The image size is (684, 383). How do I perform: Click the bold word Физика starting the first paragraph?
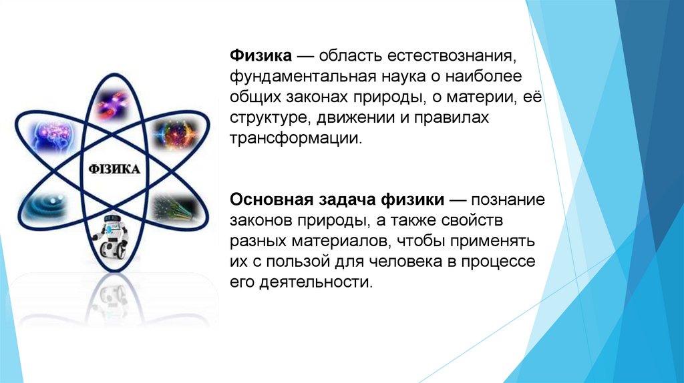pyautogui.click(x=256, y=53)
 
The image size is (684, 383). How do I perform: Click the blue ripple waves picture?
pyautogui.click(x=48, y=205)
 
